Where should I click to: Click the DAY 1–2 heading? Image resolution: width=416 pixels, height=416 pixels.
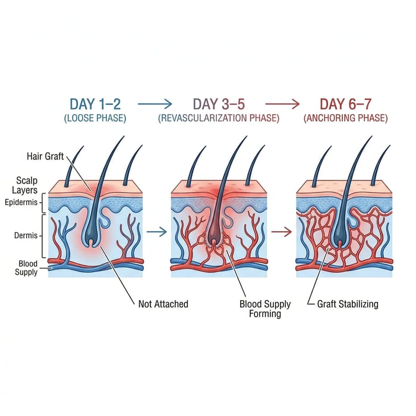coord(95,104)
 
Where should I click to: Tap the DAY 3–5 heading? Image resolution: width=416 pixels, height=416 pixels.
coord(219,104)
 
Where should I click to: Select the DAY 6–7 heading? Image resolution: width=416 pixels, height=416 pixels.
coord(345,104)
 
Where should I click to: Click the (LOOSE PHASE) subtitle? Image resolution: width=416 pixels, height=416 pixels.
coord(95,118)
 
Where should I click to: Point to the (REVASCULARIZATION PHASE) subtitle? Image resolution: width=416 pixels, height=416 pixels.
coord(219,118)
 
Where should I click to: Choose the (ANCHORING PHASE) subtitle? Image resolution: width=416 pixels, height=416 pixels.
coord(345,118)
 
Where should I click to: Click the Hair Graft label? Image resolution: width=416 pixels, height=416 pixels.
coord(45,156)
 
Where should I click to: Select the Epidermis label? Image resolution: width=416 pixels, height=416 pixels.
coord(21,203)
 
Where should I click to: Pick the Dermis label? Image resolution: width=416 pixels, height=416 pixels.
coord(26,235)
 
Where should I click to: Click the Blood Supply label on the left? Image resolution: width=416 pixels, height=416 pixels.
coord(26,267)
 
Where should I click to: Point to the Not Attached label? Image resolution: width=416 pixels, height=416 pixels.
coord(163,304)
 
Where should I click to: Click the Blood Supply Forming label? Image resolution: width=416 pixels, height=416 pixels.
coord(265,308)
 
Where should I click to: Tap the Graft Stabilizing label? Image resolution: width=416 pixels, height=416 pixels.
coord(348,304)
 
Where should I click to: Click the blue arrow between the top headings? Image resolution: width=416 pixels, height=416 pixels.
coord(155,104)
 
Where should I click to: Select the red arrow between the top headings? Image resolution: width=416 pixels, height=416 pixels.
coord(282,104)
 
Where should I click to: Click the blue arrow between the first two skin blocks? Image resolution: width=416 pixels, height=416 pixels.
coord(156,232)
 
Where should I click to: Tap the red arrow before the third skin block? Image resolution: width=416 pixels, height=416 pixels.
coord(281,232)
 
